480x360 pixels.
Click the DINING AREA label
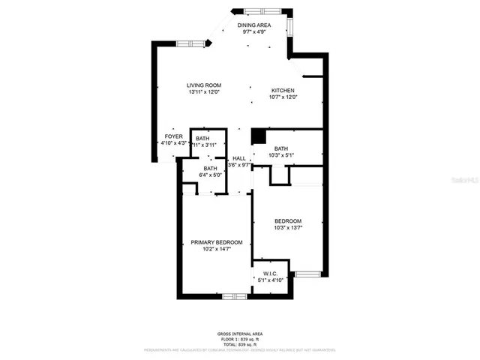tap(253, 25)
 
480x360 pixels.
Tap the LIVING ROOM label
tap(203, 85)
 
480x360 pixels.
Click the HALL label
tap(239, 158)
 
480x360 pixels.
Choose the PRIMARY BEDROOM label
tap(216, 242)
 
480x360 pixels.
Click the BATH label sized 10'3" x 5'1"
tap(280, 148)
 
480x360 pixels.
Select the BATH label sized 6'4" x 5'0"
tap(209, 169)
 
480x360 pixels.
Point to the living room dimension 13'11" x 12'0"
tap(203, 92)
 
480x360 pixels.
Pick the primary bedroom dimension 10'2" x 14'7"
tap(216, 249)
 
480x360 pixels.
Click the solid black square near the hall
tap(259, 136)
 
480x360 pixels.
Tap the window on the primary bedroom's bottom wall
tap(235, 296)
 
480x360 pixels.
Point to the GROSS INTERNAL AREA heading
tap(240, 334)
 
